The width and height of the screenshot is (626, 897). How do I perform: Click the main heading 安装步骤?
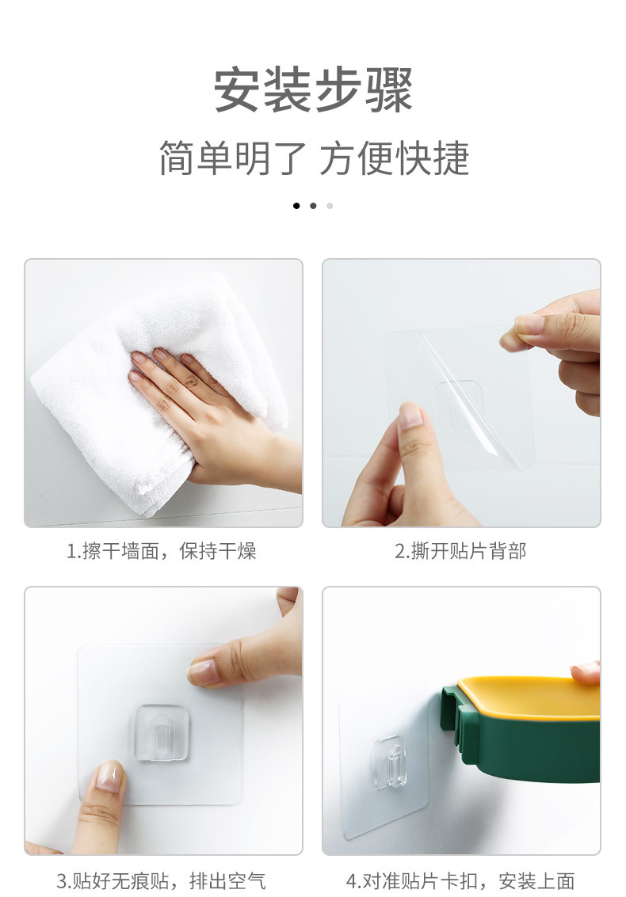[313, 91]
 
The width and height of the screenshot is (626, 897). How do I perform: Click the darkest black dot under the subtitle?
[296, 206]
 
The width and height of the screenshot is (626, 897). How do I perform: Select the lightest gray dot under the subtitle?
[330, 206]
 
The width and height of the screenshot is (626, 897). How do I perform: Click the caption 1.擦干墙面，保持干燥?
[162, 551]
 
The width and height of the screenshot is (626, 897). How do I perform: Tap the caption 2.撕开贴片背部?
[460, 551]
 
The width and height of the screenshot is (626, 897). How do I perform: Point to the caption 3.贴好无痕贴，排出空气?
[162, 880]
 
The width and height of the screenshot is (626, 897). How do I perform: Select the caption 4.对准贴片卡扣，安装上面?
[460, 880]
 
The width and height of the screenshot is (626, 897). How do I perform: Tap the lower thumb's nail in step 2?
[411, 416]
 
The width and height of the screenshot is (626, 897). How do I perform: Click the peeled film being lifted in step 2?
[475, 396]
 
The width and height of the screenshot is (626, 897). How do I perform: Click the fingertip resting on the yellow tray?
[586, 671]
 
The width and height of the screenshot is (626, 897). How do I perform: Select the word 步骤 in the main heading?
[364, 91]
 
